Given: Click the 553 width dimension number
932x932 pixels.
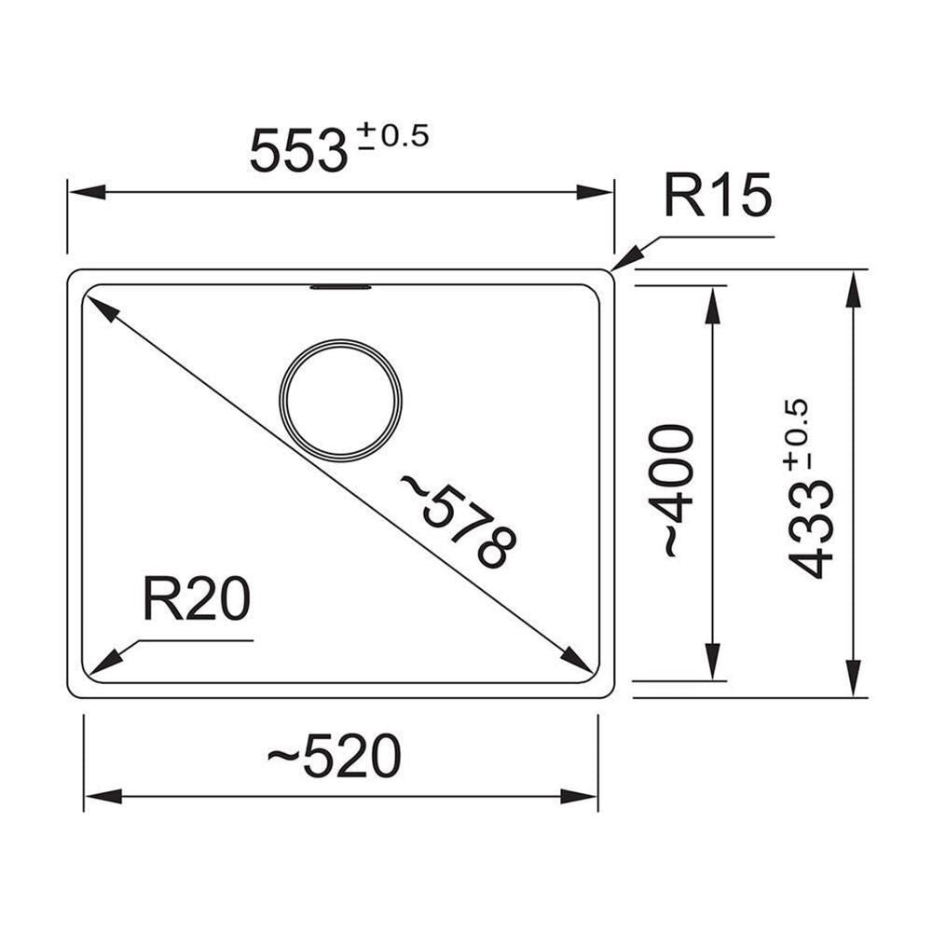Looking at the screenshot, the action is [298, 151].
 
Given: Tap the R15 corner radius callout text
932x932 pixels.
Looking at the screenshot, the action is [718, 195].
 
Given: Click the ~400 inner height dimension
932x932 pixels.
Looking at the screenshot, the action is [672, 490].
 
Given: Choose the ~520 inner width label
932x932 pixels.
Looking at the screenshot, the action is [334, 756].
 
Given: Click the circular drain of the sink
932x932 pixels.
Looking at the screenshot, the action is [340, 401].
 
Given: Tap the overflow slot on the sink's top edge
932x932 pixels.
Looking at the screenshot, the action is [340, 288].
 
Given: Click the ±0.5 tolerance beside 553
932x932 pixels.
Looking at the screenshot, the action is [392, 136].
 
